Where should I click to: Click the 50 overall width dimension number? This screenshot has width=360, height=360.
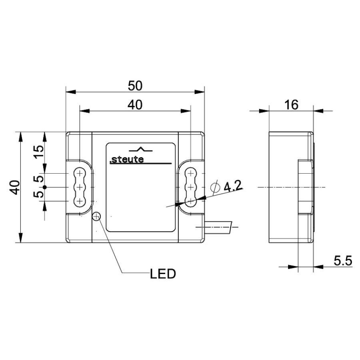tap(135, 85)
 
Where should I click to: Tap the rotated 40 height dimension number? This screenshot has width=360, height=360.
tap(15, 187)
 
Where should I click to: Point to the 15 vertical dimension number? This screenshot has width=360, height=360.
tap(38, 152)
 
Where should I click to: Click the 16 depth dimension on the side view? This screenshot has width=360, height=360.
tap(291, 104)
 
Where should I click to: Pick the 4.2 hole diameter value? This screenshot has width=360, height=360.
tap(233, 186)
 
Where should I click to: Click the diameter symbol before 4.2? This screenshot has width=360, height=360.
tap(216, 187)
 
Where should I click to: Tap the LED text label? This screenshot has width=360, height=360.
tap(163, 274)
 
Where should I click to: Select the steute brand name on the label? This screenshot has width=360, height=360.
tap(126, 160)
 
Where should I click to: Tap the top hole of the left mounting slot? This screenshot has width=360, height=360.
tap(80, 173)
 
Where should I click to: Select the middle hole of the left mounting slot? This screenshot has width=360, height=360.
tap(80, 187)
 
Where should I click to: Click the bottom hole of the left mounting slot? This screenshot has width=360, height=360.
tap(80, 200)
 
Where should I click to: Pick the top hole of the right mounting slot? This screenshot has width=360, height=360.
tap(191, 173)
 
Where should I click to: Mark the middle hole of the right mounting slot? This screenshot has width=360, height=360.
tap(191, 187)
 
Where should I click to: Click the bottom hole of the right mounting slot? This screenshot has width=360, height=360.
tap(191, 200)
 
